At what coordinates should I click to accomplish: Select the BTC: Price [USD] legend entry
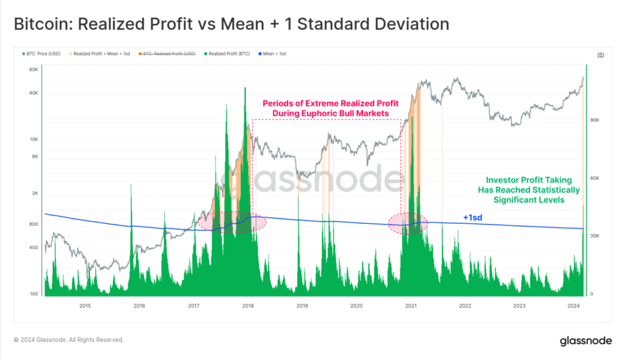click(43, 54)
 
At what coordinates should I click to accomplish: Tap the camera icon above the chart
click(601, 55)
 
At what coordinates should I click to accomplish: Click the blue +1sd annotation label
click(473, 217)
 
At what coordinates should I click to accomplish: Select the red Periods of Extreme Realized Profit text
click(326, 109)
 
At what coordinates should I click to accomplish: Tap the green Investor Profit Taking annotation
click(529, 190)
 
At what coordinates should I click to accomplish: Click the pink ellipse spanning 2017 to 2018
click(233, 221)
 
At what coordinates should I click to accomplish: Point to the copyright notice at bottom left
click(69, 340)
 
